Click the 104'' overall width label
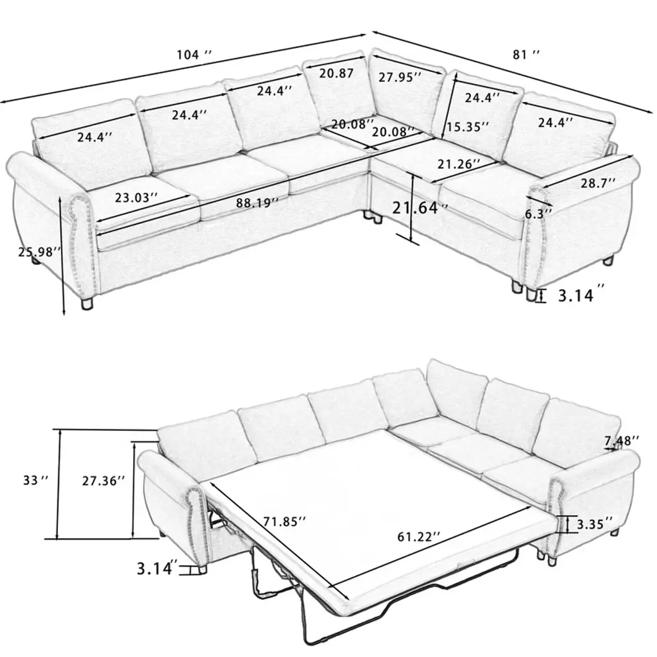coord(194,55)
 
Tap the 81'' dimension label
coord(526,55)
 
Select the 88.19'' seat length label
coord(257,203)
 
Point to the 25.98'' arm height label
coord(40,252)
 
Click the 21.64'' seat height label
coord(420,208)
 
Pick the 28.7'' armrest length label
coord(598,183)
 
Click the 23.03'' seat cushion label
coord(137,198)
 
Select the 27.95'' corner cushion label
coord(400,77)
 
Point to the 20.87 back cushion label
coord(336,73)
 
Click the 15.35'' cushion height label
coord(467,126)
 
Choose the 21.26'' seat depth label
coord(459,164)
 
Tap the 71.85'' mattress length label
coord(284,522)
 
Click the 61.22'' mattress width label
coord(418,537)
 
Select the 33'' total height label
coord(36,480)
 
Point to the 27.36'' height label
coord(103,481)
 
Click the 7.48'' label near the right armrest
coord(621,440)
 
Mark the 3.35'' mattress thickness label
coord(595,524)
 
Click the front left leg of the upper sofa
coord(87,303)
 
